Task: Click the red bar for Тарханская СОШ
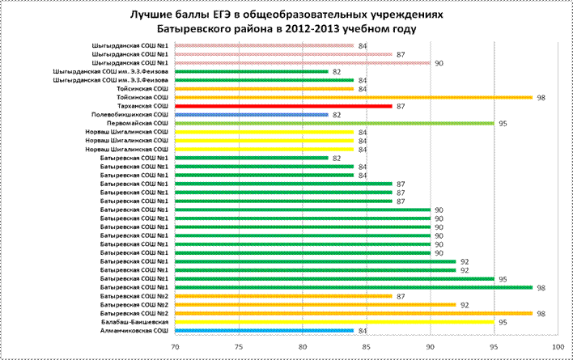click(x=283, y=106)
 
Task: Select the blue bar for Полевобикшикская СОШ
click(x=252, y=115)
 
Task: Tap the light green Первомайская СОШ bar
click(x=335, y=124)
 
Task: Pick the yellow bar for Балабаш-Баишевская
click(x=335, y=322)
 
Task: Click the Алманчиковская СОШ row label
click(x=134, y=331)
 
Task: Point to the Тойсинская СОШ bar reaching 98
click(x=354, y=98)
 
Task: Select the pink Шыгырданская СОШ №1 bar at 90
click(x=303, y=63)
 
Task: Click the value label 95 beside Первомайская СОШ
click(x=503, y=124)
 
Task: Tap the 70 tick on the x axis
click(x=175, y=347)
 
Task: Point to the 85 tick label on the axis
click(x=367, y=347)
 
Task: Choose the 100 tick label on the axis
click(x=558, y=347)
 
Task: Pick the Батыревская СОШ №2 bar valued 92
click(x=316, y=304)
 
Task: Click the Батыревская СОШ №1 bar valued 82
click(x=252, y=158)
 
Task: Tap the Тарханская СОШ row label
click(x=143, y=106)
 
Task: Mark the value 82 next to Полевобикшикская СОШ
click(x=337, y=116)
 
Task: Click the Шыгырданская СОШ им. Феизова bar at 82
click(x=252, y=71)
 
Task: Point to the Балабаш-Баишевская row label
click(x=135, y=322)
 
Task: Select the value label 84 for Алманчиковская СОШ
click(x=362, y=331)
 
